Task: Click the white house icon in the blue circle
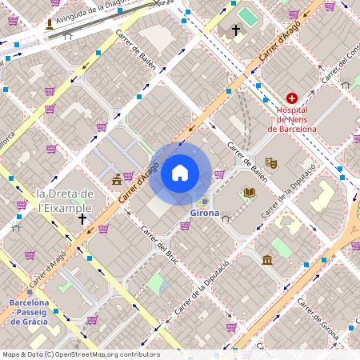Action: click(x=180, y=173)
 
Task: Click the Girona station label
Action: click(x=206, y=214)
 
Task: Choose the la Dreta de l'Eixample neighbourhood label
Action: click(x=66, y=200)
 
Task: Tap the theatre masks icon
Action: click(x=271, y=162)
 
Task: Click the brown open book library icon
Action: click(x=250, y=192)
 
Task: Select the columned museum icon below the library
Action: click(x=266, y=259)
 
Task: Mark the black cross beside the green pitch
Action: click(x=235, y=31)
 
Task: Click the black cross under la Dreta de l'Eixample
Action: click(x=82, y=218)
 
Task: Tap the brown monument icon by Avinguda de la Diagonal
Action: click(x=51, y=24)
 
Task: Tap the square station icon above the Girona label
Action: click(x=206, y=200)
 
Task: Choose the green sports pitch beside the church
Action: click(x=248, y=16)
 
